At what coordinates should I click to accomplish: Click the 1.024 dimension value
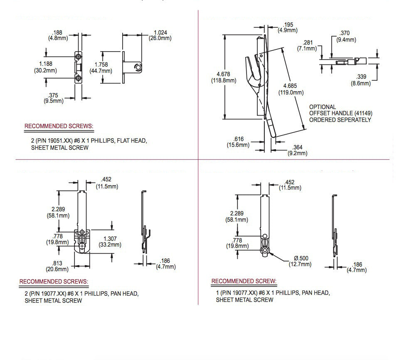click(160, 32)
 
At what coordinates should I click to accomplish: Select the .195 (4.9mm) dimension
click(286, 27)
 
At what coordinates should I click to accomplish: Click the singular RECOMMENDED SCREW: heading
click(244, 281)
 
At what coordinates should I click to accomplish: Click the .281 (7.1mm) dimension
click(308, 45)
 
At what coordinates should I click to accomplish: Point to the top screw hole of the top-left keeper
click(78, 56)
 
